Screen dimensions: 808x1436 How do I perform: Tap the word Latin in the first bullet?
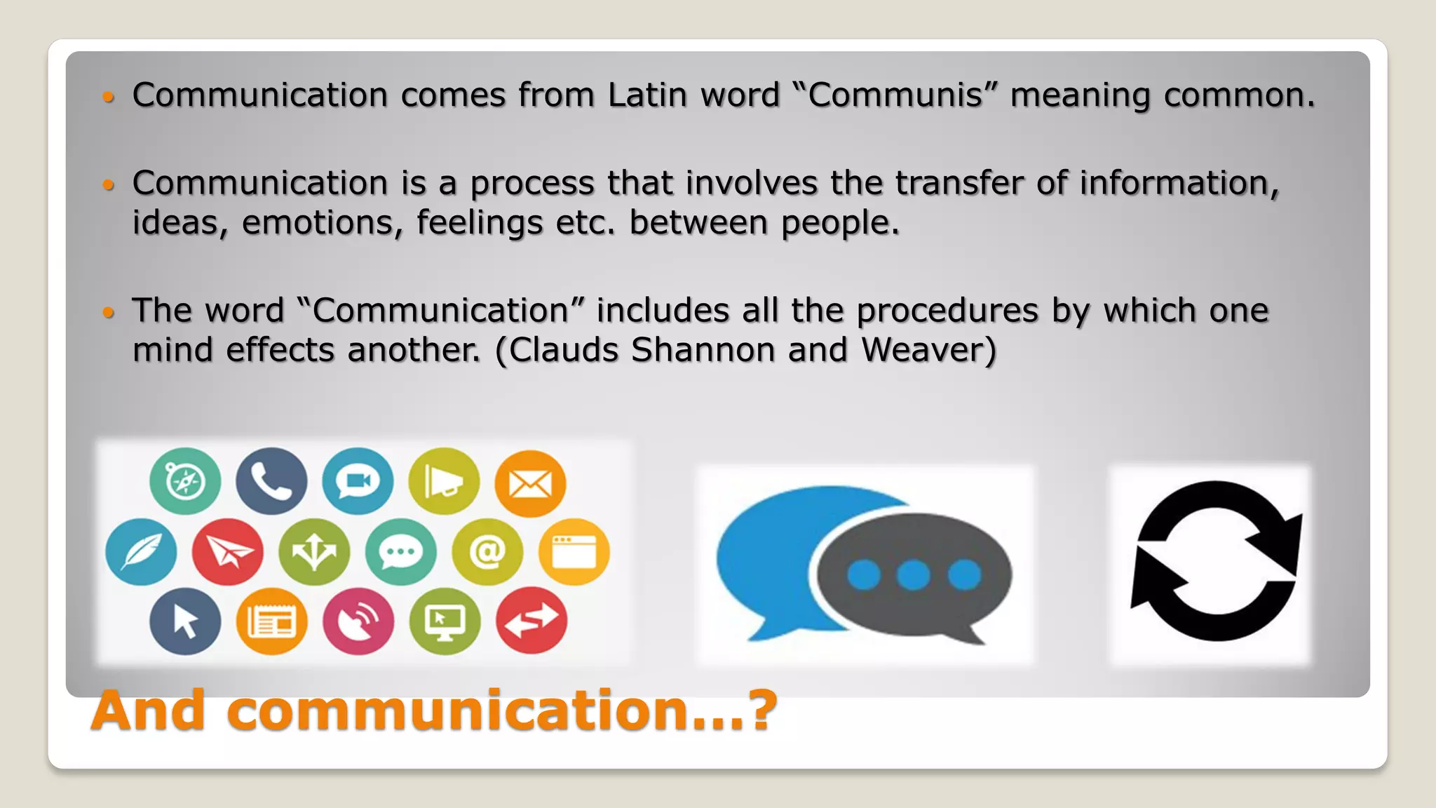(x=647, y=95)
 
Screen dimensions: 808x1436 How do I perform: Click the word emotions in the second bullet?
(x=322, y=223)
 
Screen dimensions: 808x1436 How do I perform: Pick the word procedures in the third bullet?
(x=947, y=311)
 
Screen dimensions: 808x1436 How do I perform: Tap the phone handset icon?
(x=271, y=481)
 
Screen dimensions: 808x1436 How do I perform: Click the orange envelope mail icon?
(x=530, y=483)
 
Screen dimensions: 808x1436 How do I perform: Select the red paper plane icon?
(x=228, y=552)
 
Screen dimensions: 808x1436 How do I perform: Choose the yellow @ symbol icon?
(x=487, y=552)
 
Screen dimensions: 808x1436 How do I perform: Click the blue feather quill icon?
(x=141, y=552)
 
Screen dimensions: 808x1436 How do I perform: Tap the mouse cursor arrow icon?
(x=185, y=621)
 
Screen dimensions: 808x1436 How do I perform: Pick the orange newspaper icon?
(x=271, y=621)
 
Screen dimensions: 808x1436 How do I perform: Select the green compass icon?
(x=185, y=481)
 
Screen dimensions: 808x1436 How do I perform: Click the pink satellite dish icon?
(x=358, y=621)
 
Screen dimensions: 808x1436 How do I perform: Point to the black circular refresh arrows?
(x=1215, y=561)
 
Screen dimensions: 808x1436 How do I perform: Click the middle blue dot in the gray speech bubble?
(x=914, y=575)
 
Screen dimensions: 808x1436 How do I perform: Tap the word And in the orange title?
(x=148, y=711)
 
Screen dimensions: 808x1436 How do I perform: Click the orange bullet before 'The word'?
(x=108, y=311)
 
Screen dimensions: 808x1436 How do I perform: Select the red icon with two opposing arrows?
(x=531, y=620)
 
